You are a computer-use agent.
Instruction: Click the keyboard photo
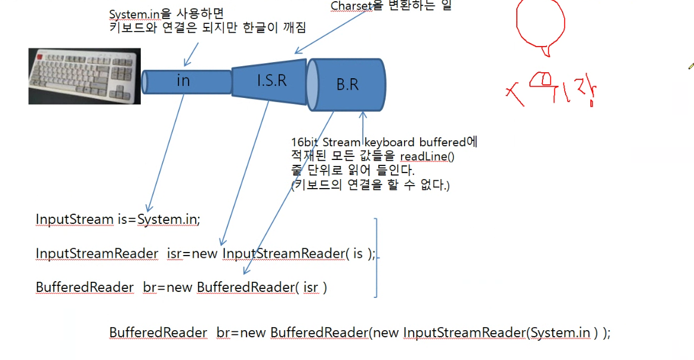point(84,76)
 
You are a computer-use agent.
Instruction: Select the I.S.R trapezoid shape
point(270,79)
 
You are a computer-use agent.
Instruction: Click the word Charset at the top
point(351,6)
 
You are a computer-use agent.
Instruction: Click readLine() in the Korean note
point(427,156)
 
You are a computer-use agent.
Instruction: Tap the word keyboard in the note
point(394,143)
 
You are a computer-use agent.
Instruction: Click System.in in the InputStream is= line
point(167,219)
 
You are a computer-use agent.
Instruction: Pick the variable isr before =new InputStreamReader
point(174,253)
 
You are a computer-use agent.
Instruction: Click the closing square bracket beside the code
point(375,257)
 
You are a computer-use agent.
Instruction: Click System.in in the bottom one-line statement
point(560,333)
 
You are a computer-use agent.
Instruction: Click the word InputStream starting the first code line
point(74,219)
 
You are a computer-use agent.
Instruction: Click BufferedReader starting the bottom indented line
point(158,333)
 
